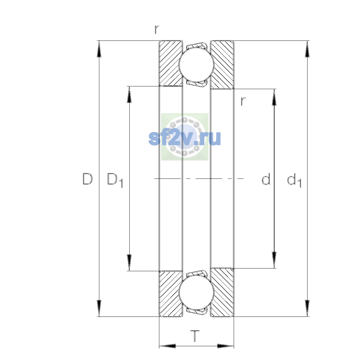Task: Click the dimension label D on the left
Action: pyautogui.click(x=87, y=179)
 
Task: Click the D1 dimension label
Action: pyautogui.click(x=115, y=180)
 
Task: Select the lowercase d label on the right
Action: pyautogui.click(x=266, y=179)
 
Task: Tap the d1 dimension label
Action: pyautogui.click(x=294, y=180)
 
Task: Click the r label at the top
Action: pyautogui.click(x=157, y=29)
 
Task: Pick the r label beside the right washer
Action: pyautogui.click(x=243, y=101)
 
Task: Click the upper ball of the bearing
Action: pyautogui.click(x=196, y=64)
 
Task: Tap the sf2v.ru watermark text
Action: pyautogui.click(x=184, y=138)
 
